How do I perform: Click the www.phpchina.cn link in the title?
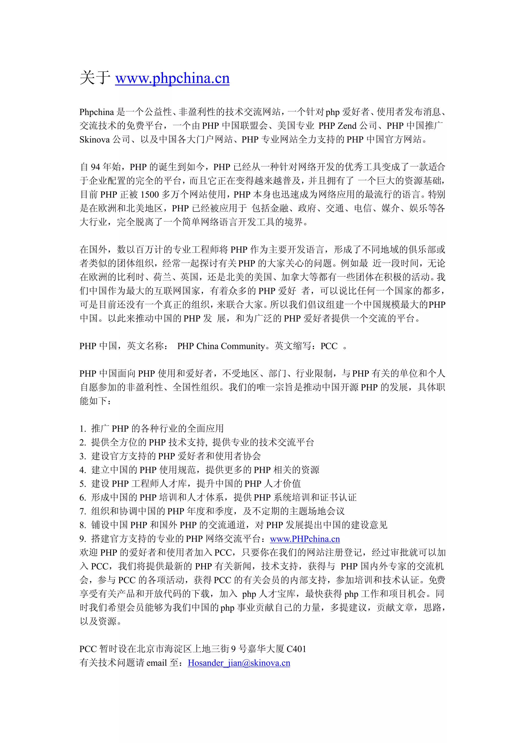click(172, 78)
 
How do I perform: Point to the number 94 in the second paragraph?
click(95, 167)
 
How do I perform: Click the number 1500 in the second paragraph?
click(150, 194)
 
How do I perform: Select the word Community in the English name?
click(243, 346)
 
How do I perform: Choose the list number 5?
click(83, 484)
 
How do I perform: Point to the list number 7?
click(83, 512)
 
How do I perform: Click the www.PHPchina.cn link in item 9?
click(305, 539)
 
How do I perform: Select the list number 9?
click(83, 539)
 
